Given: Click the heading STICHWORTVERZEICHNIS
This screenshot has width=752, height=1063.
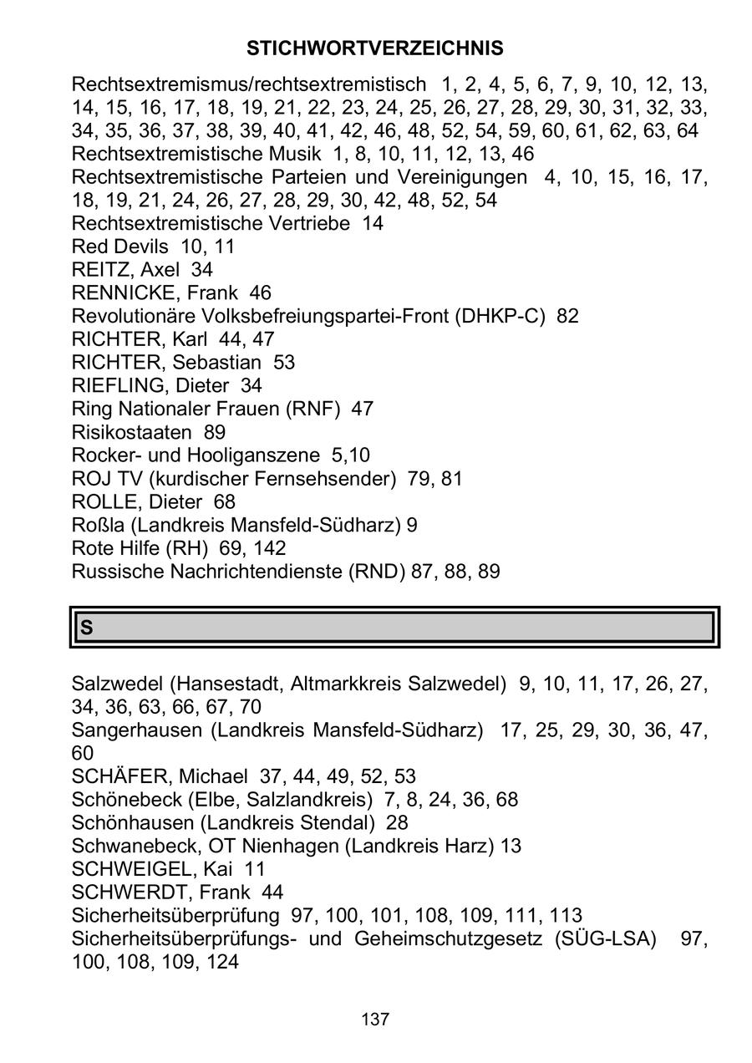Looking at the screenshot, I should pyautogui.click(x=375, y=48).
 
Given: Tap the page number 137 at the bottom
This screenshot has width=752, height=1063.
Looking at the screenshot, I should pyautogui.click(x=375, y=1020).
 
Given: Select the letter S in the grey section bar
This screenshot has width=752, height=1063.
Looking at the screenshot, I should pyautogui.click(x=86, y=628).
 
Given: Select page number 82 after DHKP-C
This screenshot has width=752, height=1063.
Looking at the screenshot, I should pyautogui.click(x=567, y=316).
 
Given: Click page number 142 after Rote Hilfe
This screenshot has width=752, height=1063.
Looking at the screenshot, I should pyautogui.click(x=268, y=548).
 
